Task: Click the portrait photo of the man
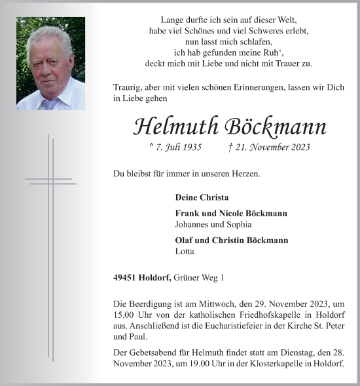coord(50,64)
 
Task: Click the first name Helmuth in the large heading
coord(173,126)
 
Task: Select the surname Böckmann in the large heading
coord(276,126)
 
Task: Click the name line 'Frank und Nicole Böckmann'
coord(231,214)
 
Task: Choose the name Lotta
coord(185,251)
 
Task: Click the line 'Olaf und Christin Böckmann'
coord(232,241)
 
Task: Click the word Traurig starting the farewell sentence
coord(128,87)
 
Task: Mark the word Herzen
coord(245,174)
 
